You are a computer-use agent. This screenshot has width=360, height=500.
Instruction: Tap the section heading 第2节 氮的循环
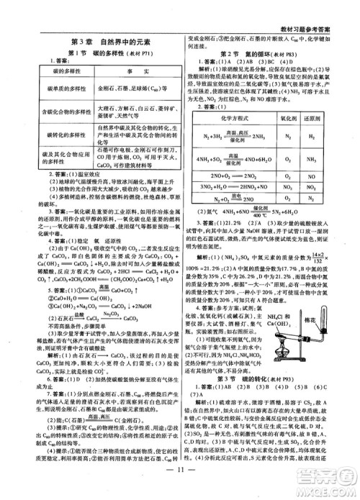(x=264, y=54)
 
